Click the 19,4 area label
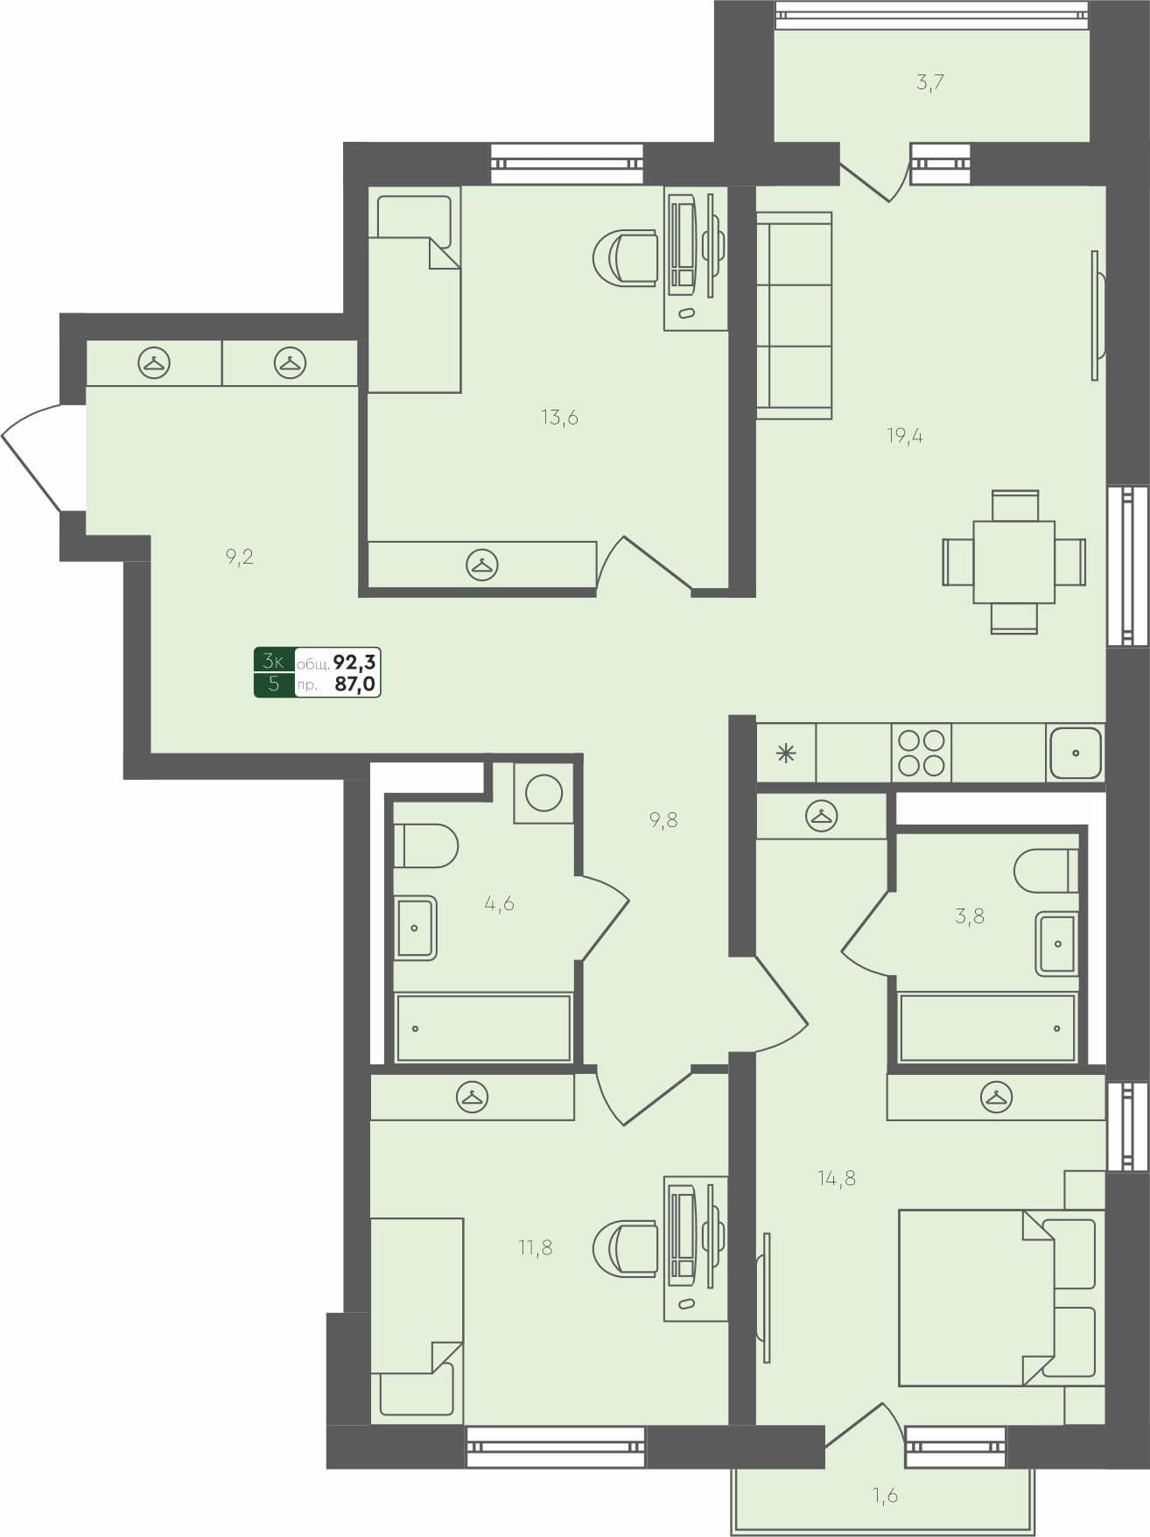(905, 436)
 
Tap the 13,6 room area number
(559, 418)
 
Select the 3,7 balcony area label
(929, 83)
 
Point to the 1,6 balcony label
(885, 1495)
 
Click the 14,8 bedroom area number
(837, 1178)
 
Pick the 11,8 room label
(535, 1247)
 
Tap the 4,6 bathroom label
(499, 903)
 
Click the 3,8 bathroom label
(970, 916)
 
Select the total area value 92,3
(354, 661)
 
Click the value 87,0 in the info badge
(354, 684)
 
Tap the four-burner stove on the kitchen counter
(922, 753)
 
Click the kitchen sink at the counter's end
(1075, 753)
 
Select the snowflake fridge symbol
(786, 753)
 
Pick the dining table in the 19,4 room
(1013, 562)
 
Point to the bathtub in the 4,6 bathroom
(483, 1028)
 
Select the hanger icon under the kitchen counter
(821, 817)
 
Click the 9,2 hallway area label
(239, 557)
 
